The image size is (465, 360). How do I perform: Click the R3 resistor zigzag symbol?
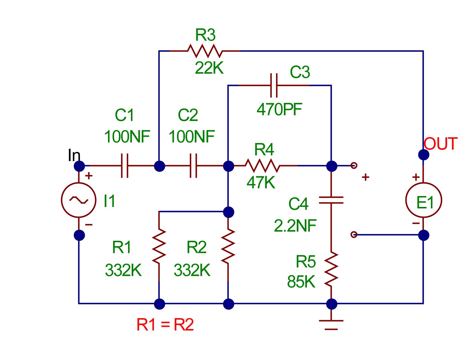click(205, 51)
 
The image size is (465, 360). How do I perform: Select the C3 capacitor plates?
click(274, 85)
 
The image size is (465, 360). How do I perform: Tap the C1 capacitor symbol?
click(125, 166)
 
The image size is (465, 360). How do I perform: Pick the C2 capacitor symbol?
click(193, 166)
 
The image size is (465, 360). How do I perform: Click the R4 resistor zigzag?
click(262, 166)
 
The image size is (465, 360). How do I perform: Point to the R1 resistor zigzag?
click(159, 246)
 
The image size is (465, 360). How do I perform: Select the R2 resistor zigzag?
click(228, 246)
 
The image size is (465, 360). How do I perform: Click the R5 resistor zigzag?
click(331, 269)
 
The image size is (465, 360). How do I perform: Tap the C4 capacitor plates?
click(331, 200)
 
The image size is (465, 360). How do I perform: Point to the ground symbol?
click(331, 325)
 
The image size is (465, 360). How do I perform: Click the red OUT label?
click(441, 144)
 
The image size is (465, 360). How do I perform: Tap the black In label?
click(74, 155)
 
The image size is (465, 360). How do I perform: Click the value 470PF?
click(279, 109)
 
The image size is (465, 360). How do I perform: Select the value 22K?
click(209, 68)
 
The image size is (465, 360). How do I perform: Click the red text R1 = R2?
click(165, 324)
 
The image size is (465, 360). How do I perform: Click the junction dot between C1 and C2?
click(159, 166)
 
